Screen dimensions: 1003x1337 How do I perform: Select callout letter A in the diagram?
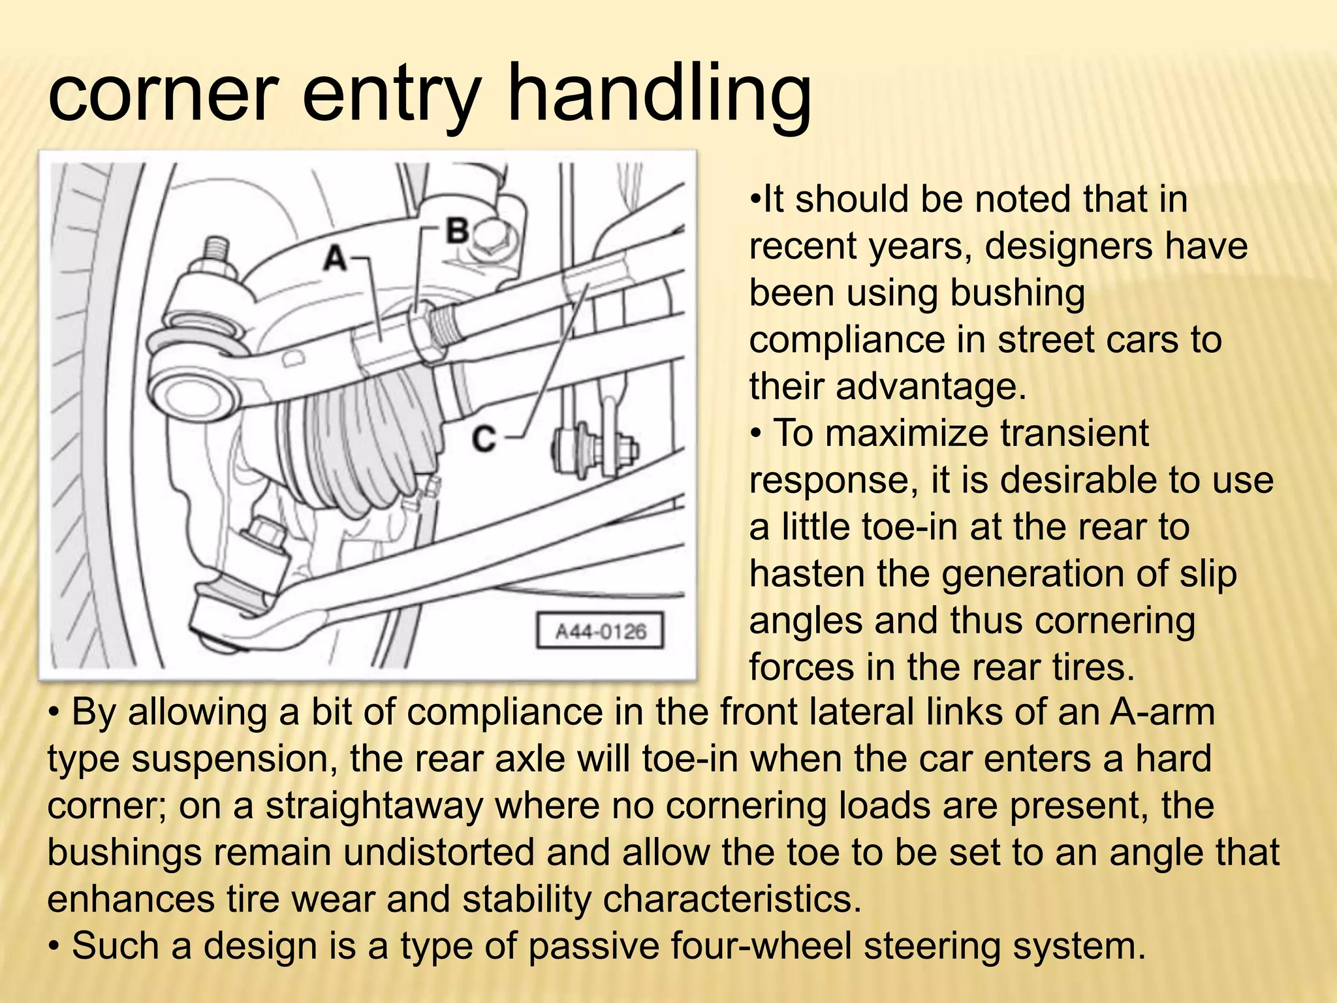[x=336, y=258]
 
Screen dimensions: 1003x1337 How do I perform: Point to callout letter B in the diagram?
[x=458, y=231]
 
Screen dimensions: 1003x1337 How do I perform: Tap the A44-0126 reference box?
[x=600, y=631]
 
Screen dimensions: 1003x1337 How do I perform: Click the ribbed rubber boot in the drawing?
[x=366, y=444]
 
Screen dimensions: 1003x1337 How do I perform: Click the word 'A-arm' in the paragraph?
[x=1161, y=712]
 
